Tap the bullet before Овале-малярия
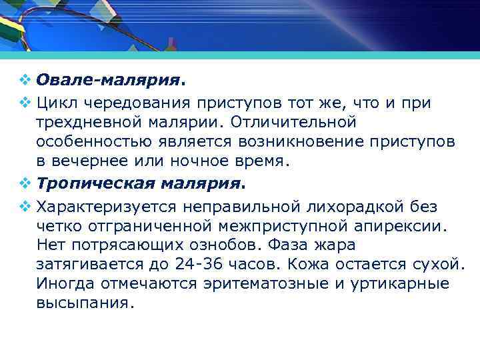click(25, 80)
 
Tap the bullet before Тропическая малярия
click(25, 182)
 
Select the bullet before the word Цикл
click(25, 103)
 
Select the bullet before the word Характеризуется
click(25, 205)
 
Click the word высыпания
click(85, 303)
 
